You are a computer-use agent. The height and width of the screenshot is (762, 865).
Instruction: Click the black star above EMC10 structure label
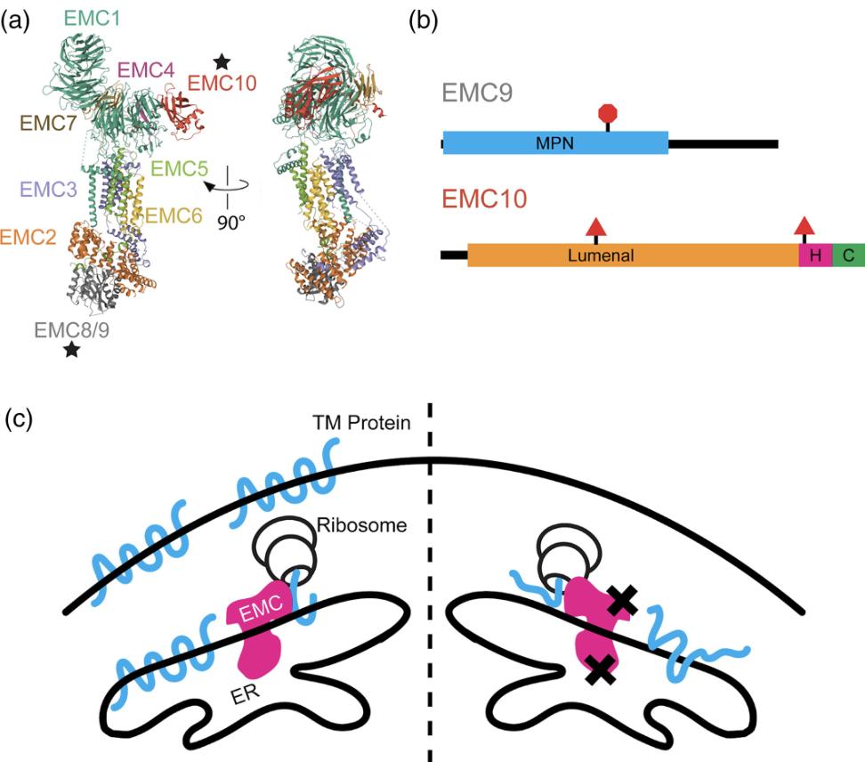click(x=222, y=62)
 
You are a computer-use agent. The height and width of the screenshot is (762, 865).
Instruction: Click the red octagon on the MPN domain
click(x=609, y=113)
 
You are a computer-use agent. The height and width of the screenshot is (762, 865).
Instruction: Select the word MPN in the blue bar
click(x=554, y=143)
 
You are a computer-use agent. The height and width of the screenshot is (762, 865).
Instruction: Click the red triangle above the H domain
click(x=804, y=226)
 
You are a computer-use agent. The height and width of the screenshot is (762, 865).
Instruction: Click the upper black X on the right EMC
click(x=623, y=604)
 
